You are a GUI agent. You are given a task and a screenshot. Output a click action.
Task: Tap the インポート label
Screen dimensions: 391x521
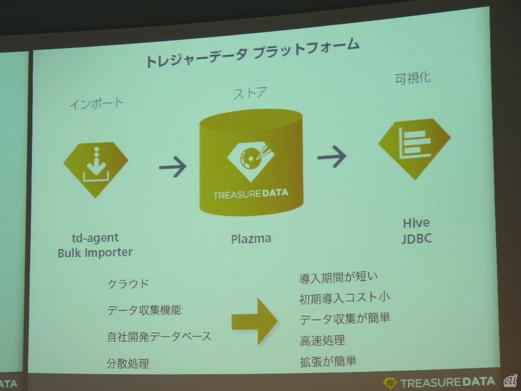tap(96, 104)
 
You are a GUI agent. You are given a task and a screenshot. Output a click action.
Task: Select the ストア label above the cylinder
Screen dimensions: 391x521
tap(250, 94)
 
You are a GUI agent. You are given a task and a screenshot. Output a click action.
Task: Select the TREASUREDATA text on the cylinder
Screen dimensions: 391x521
tap(250, 194)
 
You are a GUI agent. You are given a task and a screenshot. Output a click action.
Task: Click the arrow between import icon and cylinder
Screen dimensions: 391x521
tap(173, 166)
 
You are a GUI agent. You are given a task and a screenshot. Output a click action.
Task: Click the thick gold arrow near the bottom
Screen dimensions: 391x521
tap(254, 319)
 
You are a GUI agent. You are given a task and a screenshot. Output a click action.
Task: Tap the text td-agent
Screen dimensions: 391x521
tap(95, 238)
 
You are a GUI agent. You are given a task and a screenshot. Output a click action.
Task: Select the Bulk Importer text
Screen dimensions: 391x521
tap(95, 253)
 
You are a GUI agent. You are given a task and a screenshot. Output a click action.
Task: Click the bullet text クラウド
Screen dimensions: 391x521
tap(128, 284)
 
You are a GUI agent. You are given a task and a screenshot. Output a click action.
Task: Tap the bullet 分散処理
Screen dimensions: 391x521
tap(128, 364)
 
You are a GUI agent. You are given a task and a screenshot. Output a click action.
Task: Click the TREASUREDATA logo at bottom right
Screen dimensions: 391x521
tap(440, 382)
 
